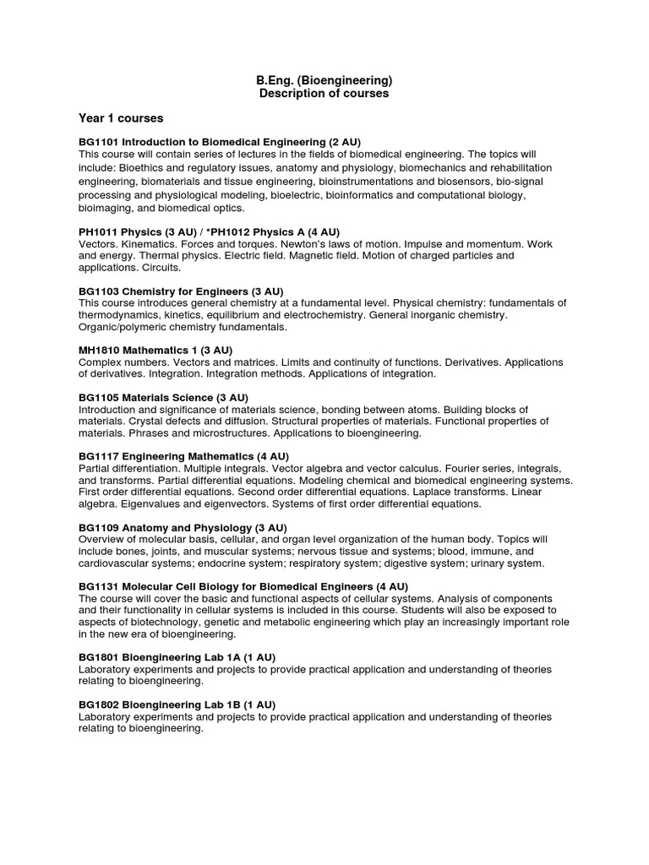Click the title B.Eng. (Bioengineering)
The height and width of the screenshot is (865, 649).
(324, 80)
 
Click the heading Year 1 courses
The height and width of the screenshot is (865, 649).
(121, 117)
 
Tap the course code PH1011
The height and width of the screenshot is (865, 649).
(98, 231)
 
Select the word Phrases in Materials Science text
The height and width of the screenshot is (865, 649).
(149, 432)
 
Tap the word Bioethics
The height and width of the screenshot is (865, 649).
(144, 167)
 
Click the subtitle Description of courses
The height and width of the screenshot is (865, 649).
(324, 94)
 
